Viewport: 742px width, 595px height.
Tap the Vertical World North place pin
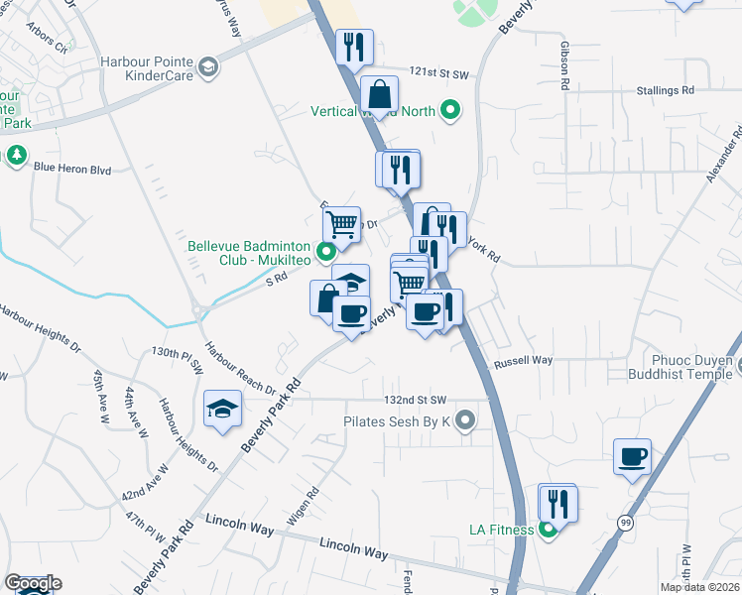(451, 110)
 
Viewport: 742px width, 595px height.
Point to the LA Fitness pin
(548, 530)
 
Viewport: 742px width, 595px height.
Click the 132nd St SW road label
(416, 400)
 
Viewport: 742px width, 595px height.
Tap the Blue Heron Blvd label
(71, 169)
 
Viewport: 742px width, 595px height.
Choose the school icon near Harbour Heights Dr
(223, 408)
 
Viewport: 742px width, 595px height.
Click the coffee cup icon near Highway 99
(632, 457)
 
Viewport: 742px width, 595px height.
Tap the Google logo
(33, 583)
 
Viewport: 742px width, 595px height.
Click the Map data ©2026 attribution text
(700, 587)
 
